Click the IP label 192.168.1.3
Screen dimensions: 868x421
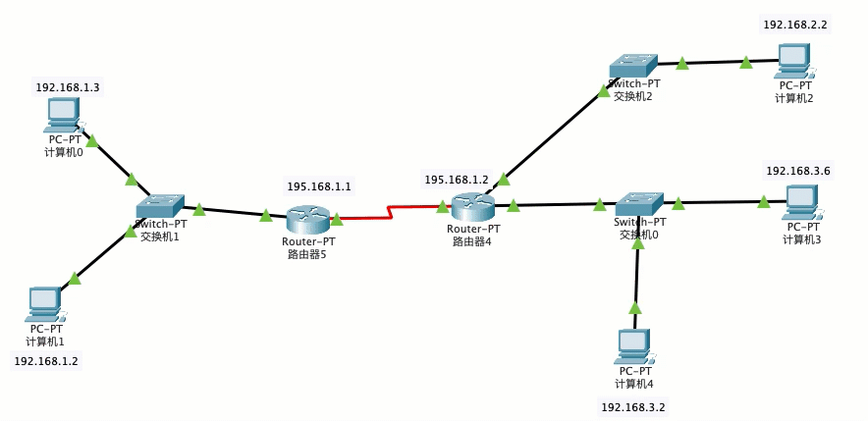pos(67,87)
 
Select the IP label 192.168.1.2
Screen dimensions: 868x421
pos(46,361)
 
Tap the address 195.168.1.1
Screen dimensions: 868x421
pos(319,186)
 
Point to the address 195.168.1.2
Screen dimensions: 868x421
pos(457,180)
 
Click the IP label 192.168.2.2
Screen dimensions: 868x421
pos(795,25)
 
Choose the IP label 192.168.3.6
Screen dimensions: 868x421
pos(798,171)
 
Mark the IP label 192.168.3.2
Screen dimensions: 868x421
pos(633,408)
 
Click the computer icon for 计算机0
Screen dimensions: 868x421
pos(64,115)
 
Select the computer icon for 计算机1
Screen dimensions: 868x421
pos(45,304)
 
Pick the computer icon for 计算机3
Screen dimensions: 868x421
pos(802,202)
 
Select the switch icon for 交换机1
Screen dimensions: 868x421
pos(160,206)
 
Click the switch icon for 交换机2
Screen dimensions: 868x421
pos(633,66)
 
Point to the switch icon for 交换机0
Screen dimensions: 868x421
pos(639,203)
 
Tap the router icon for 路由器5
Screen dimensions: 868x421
pos(308,219)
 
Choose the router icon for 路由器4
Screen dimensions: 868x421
pos(472,208)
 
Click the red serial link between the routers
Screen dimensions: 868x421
pos(390,213)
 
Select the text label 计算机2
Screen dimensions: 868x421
pos(793,98)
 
